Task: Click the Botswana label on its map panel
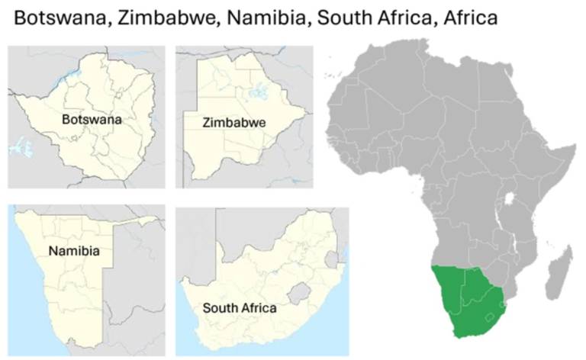coord(92,120)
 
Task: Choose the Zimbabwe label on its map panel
coord(233,122)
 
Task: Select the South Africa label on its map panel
coord(239,309)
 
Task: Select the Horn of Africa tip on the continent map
coord(574,146)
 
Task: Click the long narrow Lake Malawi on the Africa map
coord(517,248)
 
